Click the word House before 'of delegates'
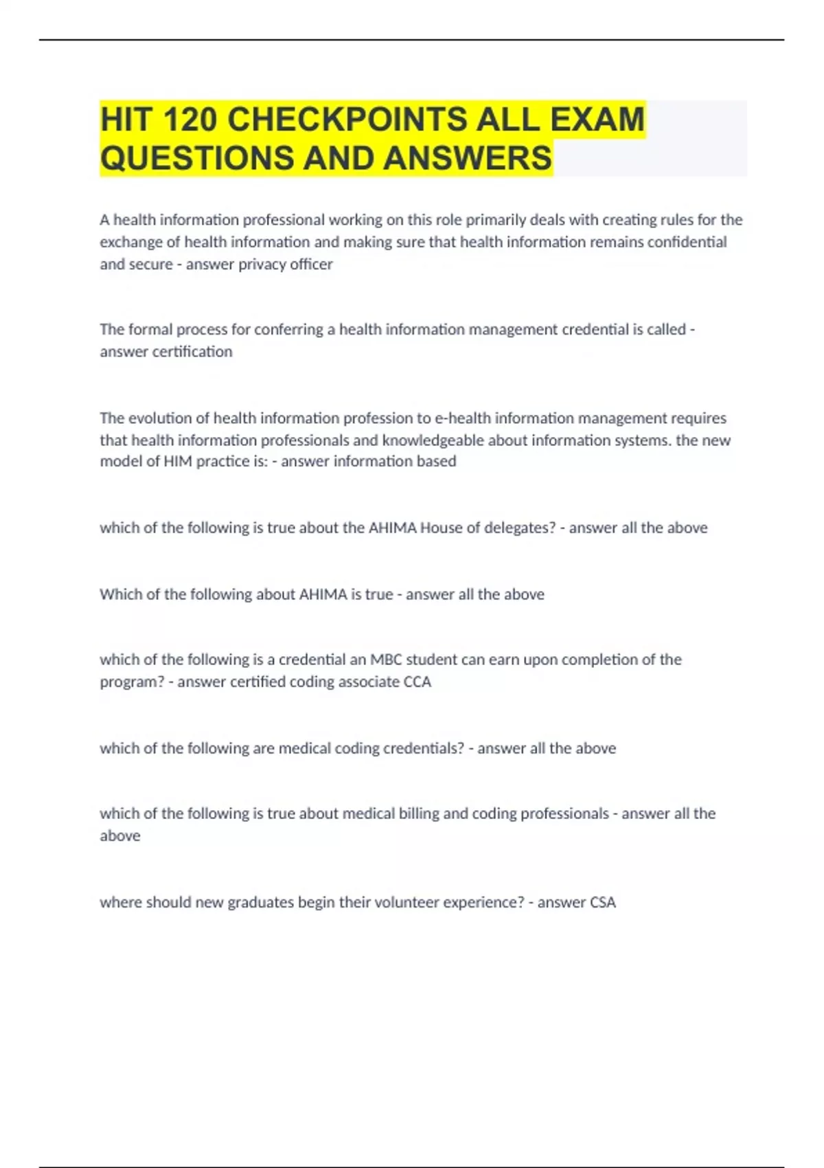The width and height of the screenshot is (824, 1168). click(x=441, y=528)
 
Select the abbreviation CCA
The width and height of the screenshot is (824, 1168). click(x=417, y=682)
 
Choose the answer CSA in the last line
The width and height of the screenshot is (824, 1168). click(x=602, y=902)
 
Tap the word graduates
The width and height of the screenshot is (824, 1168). click(x=261, y=902)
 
